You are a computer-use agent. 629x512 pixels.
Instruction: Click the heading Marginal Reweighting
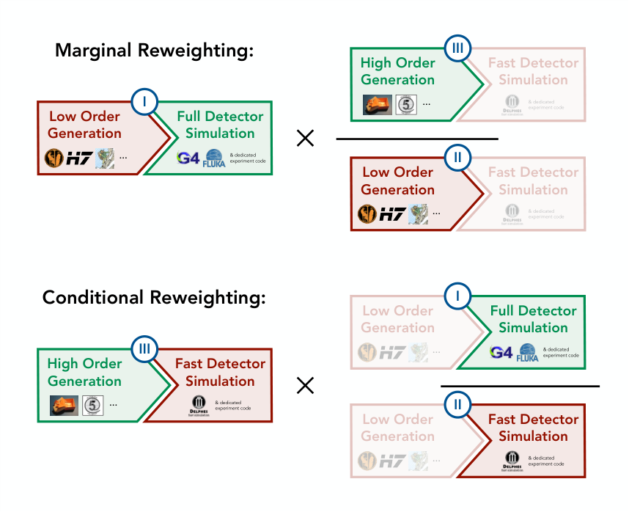tap(154, 51)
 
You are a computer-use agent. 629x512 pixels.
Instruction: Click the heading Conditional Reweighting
tap(153, 298)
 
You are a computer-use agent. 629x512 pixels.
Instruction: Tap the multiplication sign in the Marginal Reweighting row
tap(305, 138)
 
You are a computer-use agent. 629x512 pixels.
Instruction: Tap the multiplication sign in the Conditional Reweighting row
tap(305, 385)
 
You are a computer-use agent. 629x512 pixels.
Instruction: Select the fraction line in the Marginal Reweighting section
tap(416, 139)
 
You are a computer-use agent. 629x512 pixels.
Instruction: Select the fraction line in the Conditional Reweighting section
tap(520, 386)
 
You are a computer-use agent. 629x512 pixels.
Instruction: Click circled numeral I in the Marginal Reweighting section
tap(144, 102)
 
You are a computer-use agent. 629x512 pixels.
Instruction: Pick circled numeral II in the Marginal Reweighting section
tap(457, 157)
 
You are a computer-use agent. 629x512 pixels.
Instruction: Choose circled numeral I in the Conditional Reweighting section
tap(457, 296)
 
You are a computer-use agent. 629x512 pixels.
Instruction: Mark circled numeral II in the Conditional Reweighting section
tap(457, 404)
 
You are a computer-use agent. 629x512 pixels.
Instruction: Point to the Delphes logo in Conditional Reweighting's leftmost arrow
tap(198, 404)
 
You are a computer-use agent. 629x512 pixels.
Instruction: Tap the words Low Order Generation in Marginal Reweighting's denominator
tap(397, 180)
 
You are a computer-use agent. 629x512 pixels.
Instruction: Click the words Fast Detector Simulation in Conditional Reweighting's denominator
tap(533, 428)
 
